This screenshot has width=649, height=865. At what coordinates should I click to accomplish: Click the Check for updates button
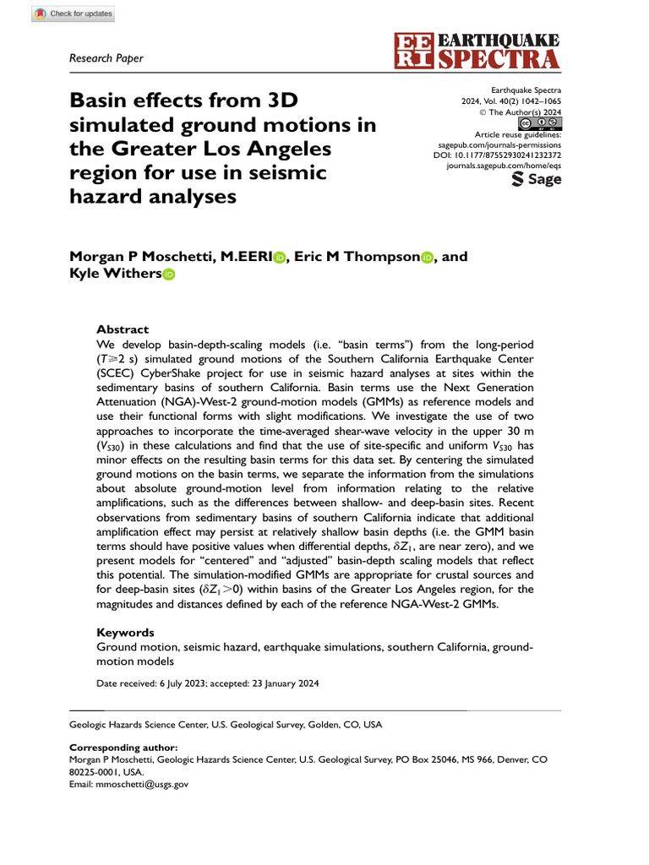coord(74,14)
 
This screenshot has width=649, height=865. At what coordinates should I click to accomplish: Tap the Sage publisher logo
coord(537,179)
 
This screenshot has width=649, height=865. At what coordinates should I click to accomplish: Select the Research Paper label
coord(106,58)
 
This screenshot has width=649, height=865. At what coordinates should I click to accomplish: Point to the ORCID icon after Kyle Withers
coord(168,274)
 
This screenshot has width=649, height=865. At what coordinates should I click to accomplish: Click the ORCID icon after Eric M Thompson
coord(427,257)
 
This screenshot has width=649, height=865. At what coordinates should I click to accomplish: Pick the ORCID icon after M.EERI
coord(280,257)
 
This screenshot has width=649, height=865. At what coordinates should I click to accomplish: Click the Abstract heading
coord(123,329)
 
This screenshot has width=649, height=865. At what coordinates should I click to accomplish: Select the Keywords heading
coord(125,632)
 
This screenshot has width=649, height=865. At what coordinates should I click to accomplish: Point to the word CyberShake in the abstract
coord(196,373)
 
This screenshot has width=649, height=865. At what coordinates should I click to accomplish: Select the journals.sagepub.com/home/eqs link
coord(504,167)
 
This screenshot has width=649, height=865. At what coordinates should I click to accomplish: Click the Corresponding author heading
coord(123,748)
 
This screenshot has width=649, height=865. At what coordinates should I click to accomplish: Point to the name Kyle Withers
coord(114,274)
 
